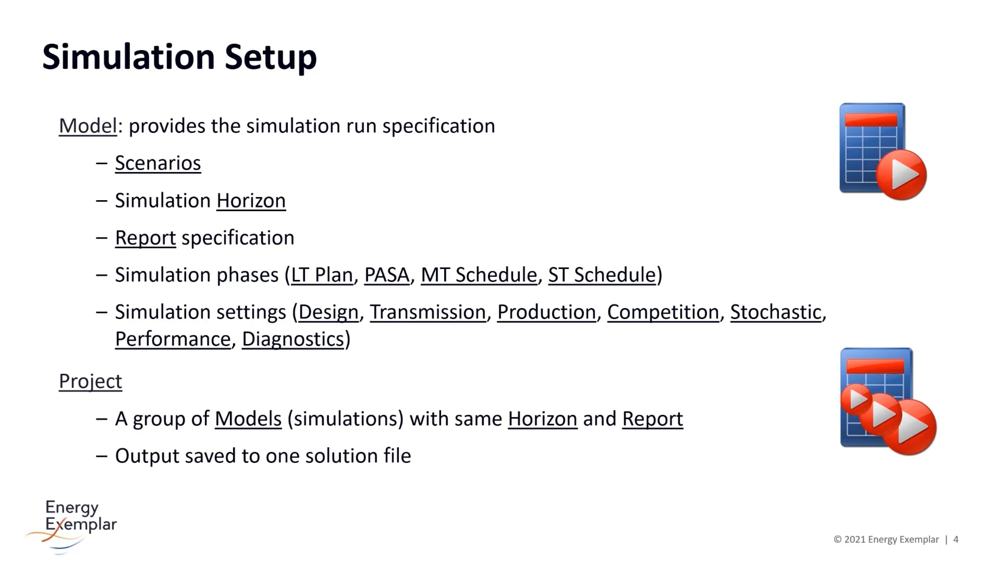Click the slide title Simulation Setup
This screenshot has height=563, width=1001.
[x=179, y=57]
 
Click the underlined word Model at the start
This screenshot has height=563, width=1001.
[x=88, y=126]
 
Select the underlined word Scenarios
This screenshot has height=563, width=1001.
[x=158, y=163]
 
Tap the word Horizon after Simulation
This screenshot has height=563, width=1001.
[x=251, y=201]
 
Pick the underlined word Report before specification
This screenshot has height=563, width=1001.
[x=146, y=238]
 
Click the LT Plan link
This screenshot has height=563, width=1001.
[x=322, y=275]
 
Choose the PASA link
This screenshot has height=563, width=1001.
[x=387, y=275]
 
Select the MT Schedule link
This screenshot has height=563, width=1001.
[x=479, y=275]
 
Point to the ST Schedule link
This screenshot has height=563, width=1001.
[x=602, y=275]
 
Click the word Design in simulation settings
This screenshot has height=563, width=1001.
[x=329, y=312]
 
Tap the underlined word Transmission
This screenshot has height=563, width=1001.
[x=428, y=312]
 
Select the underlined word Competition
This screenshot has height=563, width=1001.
[x=663, y=312]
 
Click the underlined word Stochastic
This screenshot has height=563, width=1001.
[x=776, y=312]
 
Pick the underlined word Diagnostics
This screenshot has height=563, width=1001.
[x=293, y=339]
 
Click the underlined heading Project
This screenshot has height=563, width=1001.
[x=91, y=381]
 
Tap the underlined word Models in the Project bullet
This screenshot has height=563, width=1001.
[x=248, y=419]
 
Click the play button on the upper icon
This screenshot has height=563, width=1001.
[x=901, y=175]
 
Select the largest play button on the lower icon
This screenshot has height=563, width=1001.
[x=910, y=427]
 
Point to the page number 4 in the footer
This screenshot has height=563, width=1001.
[x=956, y=540]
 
